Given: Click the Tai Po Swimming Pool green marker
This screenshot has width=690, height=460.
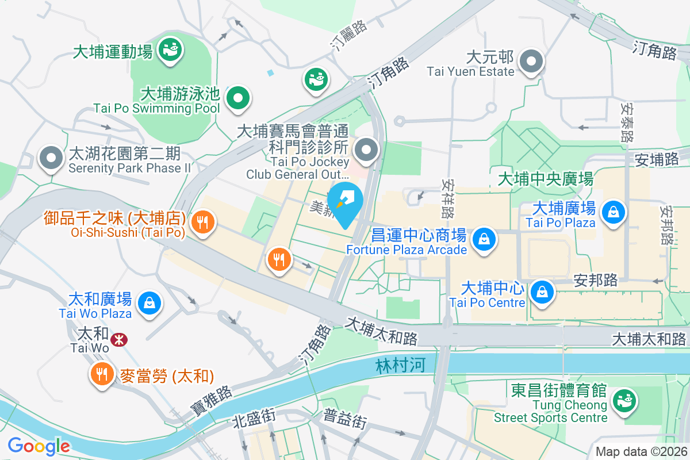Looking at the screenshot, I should pyautogui.click(x=237, y=98).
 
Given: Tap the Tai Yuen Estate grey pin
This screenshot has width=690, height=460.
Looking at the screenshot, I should pyautogui.click(x=531, y=62).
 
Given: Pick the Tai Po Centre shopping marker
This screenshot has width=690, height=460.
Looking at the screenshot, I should pyautogui.click(x=542, y=292).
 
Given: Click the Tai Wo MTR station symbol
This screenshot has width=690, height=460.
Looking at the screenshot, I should pyautogui.click(x=119, y=340).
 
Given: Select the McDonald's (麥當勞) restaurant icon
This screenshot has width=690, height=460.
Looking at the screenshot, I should pyautogui.click(x=102, y=375).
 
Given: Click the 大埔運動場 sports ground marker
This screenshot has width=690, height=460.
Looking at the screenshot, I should pyautogui.click(x=170, y=49).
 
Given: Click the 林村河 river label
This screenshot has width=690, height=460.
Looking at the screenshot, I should pyautogui.click(x=400, y=366).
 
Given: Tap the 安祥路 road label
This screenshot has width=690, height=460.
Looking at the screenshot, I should pyautogui.click(x=448, y=198).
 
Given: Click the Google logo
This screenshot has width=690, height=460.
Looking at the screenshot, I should pyautogui.click(x=39, y=446).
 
